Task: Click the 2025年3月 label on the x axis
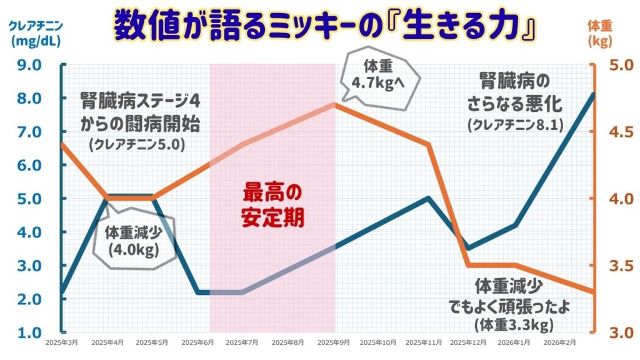coord(62,342)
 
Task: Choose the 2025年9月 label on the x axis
coord(336,342)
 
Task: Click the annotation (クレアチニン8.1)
coord(515,125)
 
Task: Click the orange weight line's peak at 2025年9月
coord(336,104)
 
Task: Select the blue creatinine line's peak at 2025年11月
coord(428,198)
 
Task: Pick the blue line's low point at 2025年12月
coord(469,248)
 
